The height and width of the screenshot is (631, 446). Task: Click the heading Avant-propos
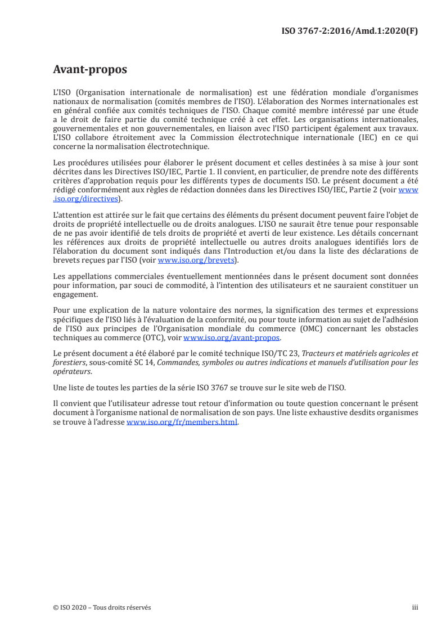(x=89, y=70)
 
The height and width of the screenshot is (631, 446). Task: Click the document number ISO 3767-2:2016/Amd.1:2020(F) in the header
(x=349, y=31)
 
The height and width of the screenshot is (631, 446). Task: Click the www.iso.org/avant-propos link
(x=231, y=338)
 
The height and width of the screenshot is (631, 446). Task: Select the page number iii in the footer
(x=415, y=607)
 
